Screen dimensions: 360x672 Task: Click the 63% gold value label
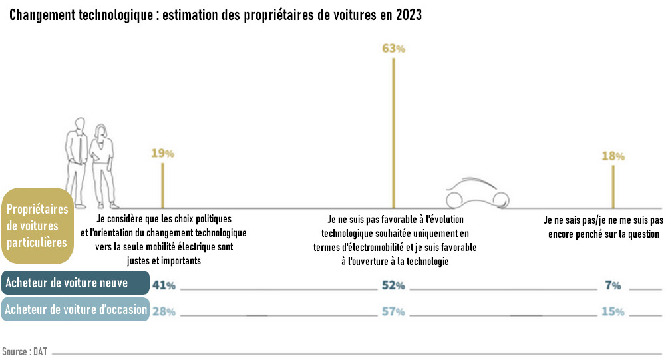tap(393, 49)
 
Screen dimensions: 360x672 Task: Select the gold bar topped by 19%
tap(162, 184)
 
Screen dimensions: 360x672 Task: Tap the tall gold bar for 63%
tap(393, 133)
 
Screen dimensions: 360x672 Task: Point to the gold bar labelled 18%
tap(613, 186)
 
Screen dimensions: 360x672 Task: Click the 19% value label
tap(162, 154)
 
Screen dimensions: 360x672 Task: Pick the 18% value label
tap(613, 156)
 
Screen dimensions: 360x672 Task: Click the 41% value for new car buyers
tap(164, 285)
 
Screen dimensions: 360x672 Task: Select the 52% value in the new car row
tap(393, 285)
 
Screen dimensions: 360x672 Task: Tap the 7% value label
tap(613, 285)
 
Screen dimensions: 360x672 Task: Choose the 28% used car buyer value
tap(164, 311)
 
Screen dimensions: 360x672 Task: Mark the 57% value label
tap(393, 311)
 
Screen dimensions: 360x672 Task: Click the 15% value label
tap(613, 311)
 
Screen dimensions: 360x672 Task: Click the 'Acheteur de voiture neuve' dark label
tap(75, 283)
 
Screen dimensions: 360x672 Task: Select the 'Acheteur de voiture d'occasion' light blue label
tap(75, 309)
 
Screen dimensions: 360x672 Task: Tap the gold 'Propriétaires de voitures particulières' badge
tap(37, 226)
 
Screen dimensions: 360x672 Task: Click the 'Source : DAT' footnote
tap(20, 351)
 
